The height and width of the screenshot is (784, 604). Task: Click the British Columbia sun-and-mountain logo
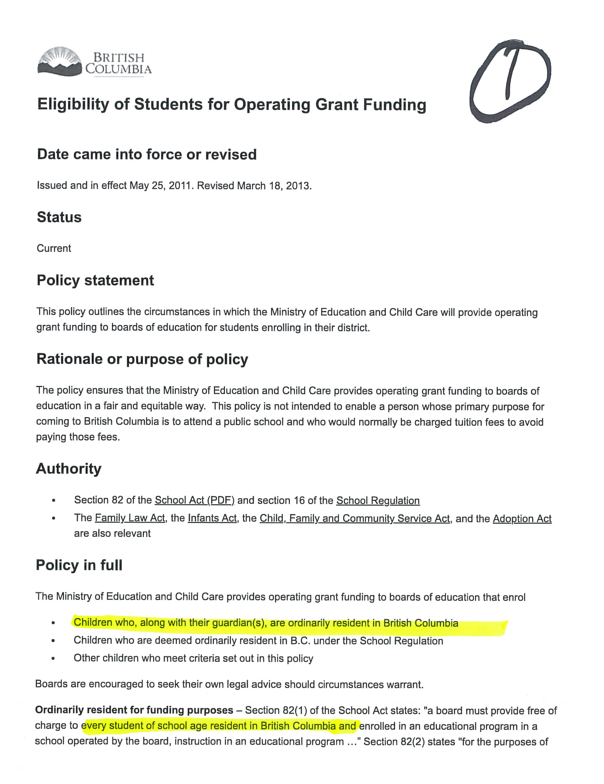[x=60, y=62]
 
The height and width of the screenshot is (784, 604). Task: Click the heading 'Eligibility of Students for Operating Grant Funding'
[x=232, y=104]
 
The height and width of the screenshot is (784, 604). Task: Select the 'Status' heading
[x=59, y=217]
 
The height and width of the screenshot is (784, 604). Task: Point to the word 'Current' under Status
[x=54, y=248]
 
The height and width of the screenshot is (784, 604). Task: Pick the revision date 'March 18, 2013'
[x=274, y=186]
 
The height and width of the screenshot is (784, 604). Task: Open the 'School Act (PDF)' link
[x=194, y=500]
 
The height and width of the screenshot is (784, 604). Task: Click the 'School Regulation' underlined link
[x=378, y=500]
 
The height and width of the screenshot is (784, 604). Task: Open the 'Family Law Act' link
[x=130, y=518]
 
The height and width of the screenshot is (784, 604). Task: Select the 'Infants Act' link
[x=212, y=518]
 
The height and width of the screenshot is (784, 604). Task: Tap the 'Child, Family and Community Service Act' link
[x=355, y=518]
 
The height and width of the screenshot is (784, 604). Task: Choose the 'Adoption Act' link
[x=522, y=519]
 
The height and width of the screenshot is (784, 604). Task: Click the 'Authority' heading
[x=69, y=469]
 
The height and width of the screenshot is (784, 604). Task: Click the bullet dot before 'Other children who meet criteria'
[x=53, y=659]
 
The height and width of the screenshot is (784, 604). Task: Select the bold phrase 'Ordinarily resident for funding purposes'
[x=134, y=710]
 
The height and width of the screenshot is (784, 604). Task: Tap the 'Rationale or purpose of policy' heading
[x=142, y=359]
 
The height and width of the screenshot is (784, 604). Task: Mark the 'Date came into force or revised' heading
[x=146, y=154]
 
